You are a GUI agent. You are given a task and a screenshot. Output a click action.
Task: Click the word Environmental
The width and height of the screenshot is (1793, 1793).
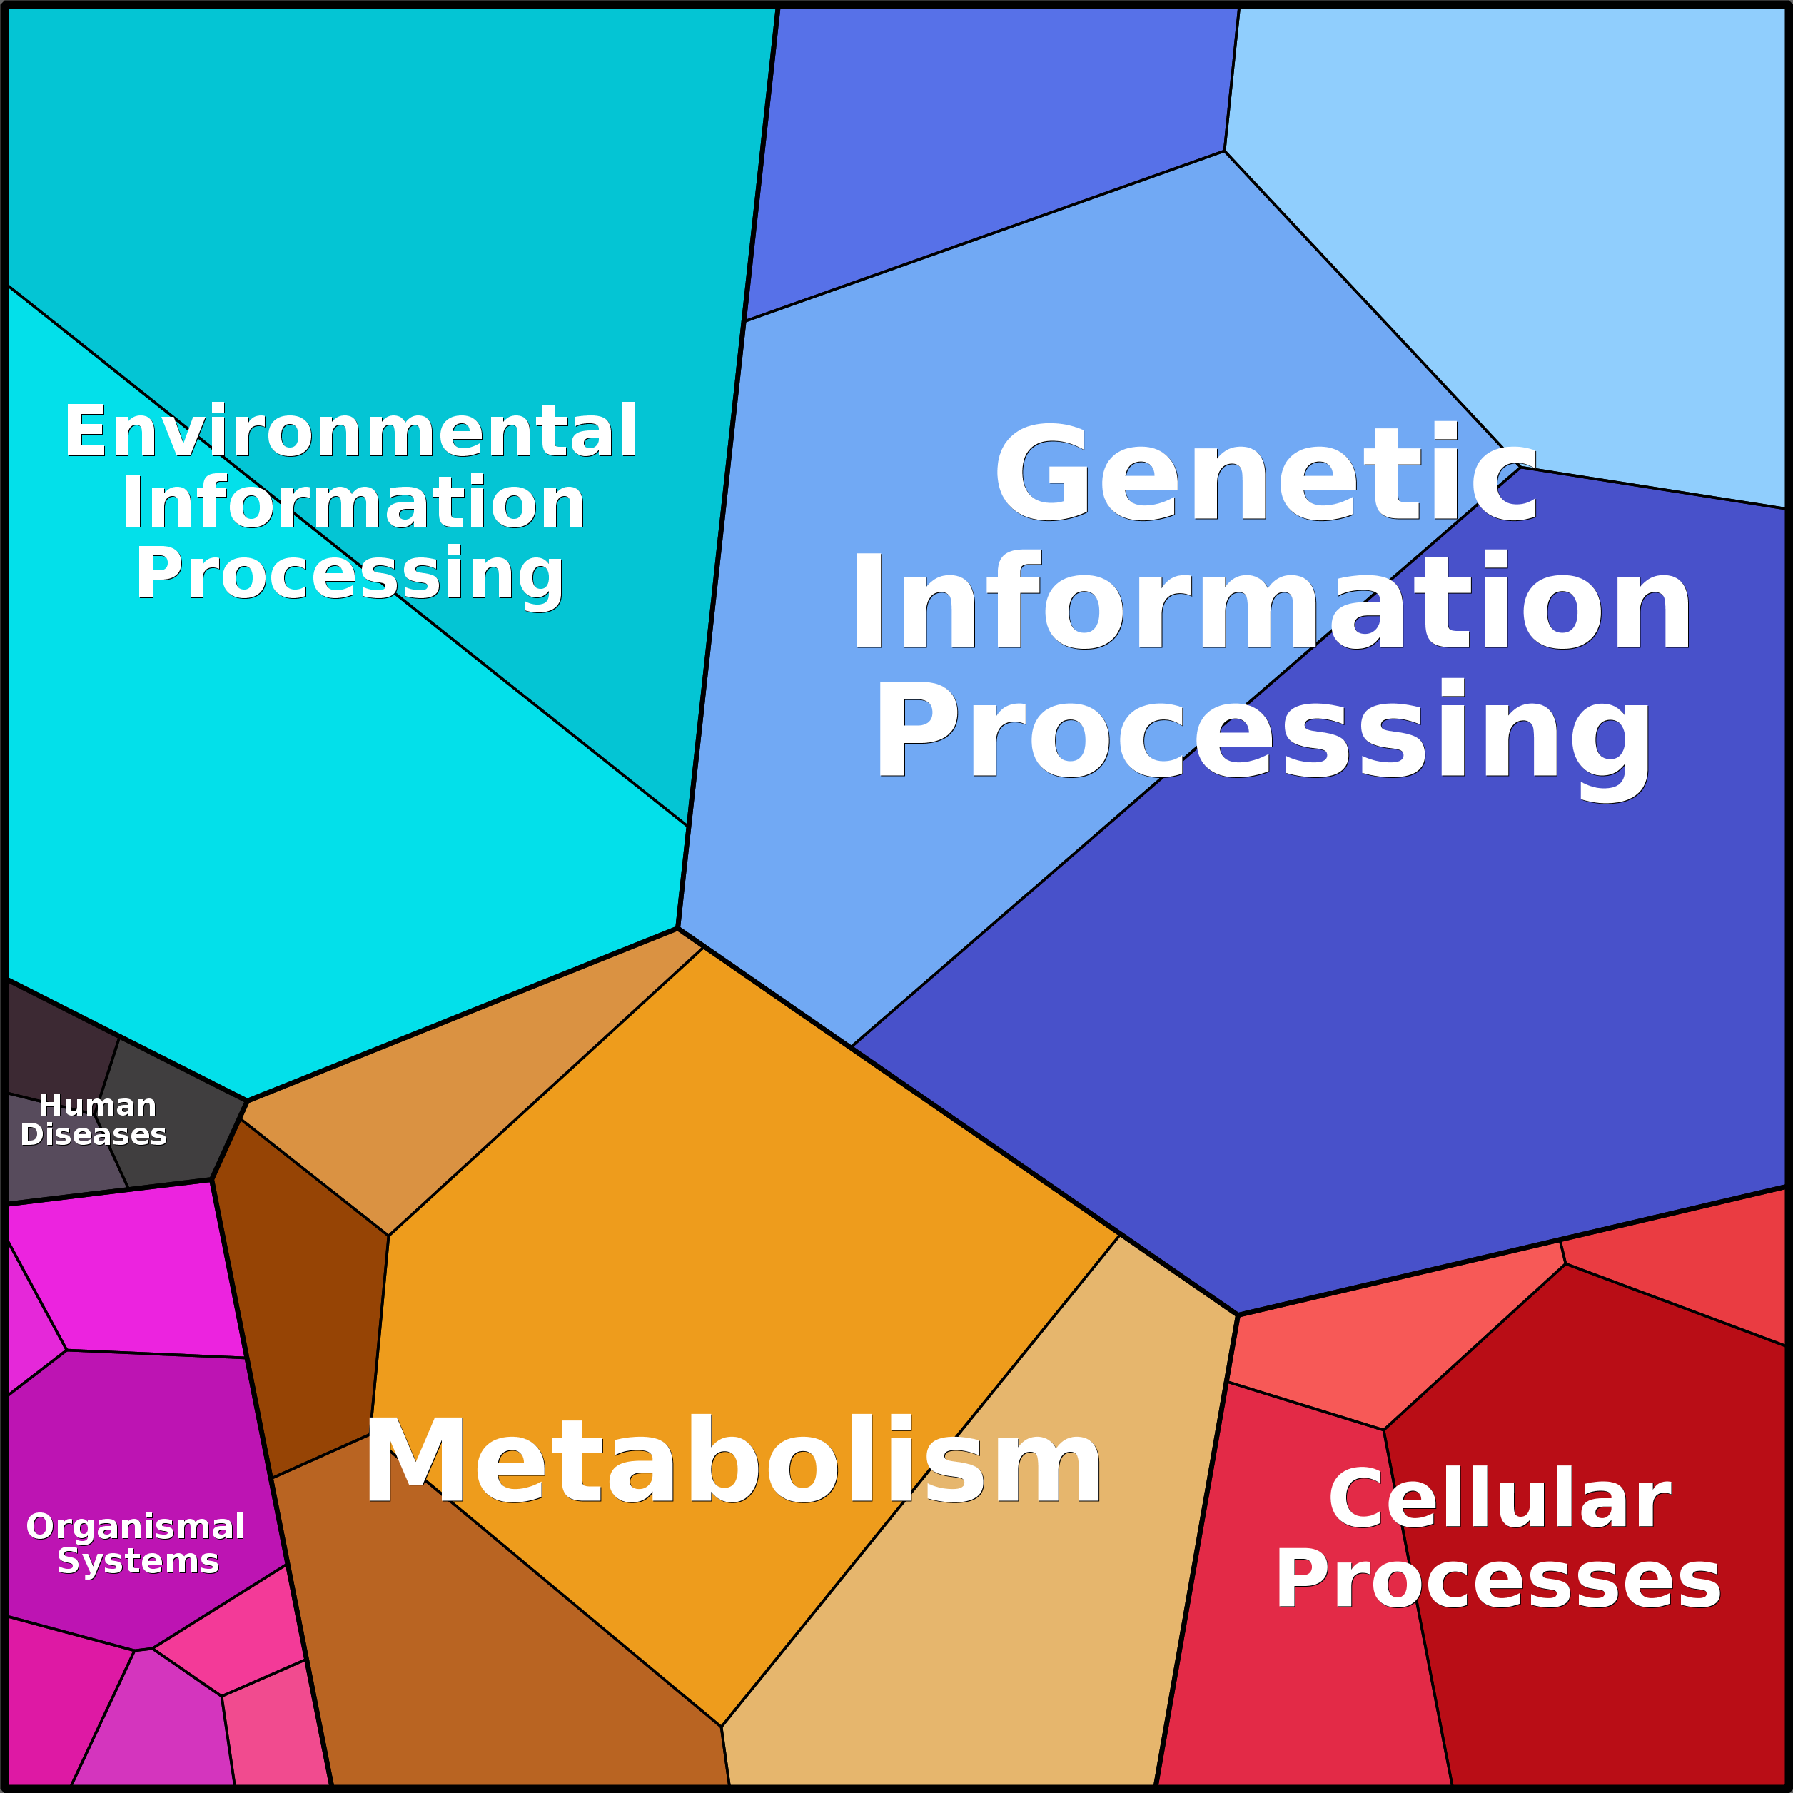point(350,432)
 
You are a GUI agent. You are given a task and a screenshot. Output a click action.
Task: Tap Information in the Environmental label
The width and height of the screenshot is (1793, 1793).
point(353,503)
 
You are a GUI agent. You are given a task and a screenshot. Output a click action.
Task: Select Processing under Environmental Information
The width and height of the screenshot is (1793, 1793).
point(350,575)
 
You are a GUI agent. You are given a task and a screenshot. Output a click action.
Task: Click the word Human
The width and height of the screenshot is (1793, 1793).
point(98,1106)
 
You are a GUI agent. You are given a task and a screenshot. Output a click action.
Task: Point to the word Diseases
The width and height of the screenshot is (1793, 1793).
point(94,1134)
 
